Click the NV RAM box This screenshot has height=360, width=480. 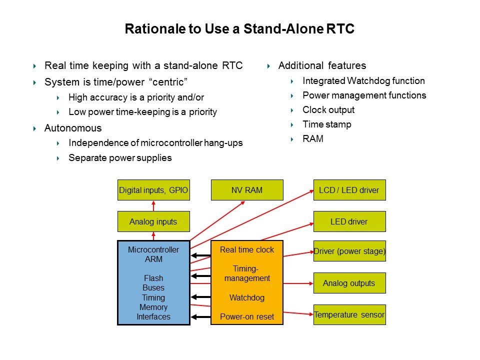tap(247, 190)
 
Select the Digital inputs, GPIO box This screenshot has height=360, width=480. tap(153, 190)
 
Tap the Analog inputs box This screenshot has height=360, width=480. tap(153, 221)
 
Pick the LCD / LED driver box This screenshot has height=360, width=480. tap(349, 190)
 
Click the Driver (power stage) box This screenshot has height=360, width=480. tap(349, 251)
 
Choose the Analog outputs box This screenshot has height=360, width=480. tap(349, 283)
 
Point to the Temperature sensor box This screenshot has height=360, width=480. tap(349, 314)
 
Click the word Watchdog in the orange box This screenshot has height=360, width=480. tap(247, 297)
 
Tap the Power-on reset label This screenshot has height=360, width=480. tap(247, 316)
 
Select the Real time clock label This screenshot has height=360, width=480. tap(247, 250)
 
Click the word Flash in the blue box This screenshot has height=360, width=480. tap(153, 278)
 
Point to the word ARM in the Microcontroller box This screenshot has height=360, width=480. tap(153, 259)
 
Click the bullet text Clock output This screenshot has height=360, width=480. tap(328, 109)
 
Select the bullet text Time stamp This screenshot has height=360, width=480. tap(327, 124)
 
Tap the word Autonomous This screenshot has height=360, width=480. tap(73, 128)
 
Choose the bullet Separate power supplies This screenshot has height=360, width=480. tap(120, 157)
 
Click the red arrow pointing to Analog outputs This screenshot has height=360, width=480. tap(298, 283)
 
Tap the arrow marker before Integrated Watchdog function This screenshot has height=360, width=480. tap(292, 81)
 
